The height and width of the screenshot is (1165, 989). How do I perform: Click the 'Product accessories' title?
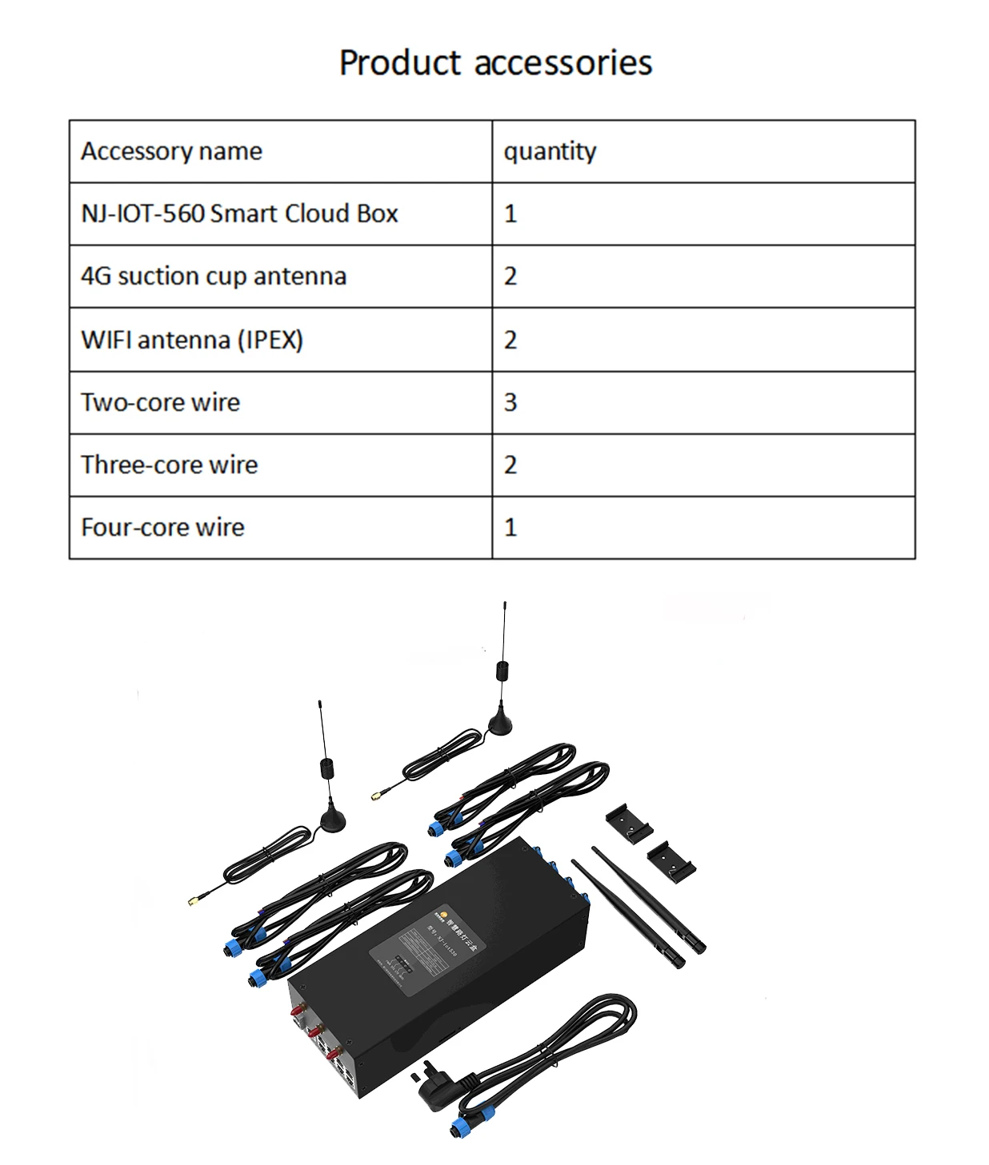click(x=495, y=63)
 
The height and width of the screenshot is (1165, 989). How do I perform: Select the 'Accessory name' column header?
click(x=171, y=151)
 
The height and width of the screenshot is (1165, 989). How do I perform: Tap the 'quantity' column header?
click(x=550, y=151)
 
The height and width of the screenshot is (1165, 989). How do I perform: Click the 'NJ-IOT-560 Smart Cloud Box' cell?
click(x=239, y=213)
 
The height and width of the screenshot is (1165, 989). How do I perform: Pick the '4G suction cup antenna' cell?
click(x=214, y=277)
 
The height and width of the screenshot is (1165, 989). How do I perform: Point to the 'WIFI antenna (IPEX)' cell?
click(x=192, y=340)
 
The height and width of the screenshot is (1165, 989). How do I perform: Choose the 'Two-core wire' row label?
click(x=160, y=402)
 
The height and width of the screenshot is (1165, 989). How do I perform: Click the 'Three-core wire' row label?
click(x=169, y=465)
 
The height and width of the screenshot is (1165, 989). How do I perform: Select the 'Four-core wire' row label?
click(x=162, y=527)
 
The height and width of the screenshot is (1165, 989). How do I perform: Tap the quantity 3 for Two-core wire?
click(x=511, y=402)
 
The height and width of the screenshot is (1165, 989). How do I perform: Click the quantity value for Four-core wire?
click(x=511, y=527)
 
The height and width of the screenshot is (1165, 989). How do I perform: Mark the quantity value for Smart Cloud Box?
click(x=511, y=213)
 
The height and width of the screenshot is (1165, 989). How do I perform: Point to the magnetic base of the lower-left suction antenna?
click(x=333, y=820)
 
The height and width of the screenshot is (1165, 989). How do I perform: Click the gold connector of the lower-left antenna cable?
click(x=194, y=901)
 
